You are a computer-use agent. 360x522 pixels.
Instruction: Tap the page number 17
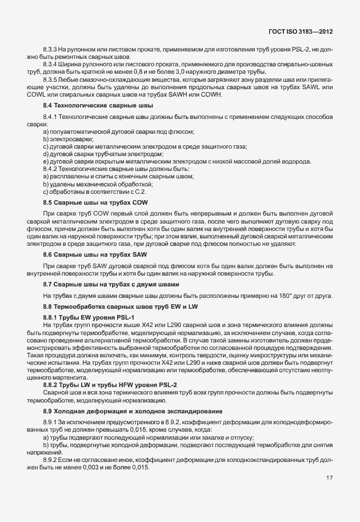pyautogui.click(x=330, y=494)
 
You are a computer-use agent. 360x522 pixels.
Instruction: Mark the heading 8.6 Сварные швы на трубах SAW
pyautogui.click(x=91, y=253)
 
